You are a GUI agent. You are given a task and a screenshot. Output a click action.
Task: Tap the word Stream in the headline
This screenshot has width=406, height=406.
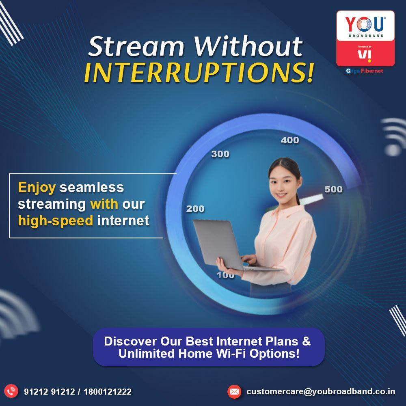pos(136,47)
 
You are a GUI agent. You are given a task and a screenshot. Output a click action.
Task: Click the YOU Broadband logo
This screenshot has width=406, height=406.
pos(365,26)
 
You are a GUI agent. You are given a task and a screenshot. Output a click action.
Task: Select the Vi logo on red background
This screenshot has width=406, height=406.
pos(365,56)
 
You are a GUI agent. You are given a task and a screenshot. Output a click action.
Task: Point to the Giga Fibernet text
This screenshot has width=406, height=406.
pos(364,71)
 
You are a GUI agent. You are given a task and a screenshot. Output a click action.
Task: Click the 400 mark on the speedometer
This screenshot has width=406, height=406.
pos(290,140)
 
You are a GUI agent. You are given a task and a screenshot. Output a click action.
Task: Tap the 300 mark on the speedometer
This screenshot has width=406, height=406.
pos(220,154)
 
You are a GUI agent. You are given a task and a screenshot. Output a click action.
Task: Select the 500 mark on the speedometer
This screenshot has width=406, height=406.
pos(333,189)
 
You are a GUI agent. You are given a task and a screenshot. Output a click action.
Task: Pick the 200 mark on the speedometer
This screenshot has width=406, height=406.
pos(195,209)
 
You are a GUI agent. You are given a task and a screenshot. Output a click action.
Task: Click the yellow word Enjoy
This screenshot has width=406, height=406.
pos(37,188)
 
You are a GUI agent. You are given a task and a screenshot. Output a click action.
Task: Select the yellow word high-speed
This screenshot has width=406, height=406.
pos(55,220)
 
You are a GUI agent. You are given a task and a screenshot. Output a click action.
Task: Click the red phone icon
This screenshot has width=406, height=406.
pos(11,391)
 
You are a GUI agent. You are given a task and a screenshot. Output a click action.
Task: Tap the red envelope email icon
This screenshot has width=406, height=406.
pos(234,391)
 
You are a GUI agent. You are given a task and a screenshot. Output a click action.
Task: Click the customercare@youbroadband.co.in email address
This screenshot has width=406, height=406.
pos(321,391)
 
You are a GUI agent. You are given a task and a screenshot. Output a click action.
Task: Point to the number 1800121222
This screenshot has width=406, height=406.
pos(108,391)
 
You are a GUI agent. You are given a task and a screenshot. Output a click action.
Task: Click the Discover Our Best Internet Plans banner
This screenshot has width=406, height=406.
pos(209,347)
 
